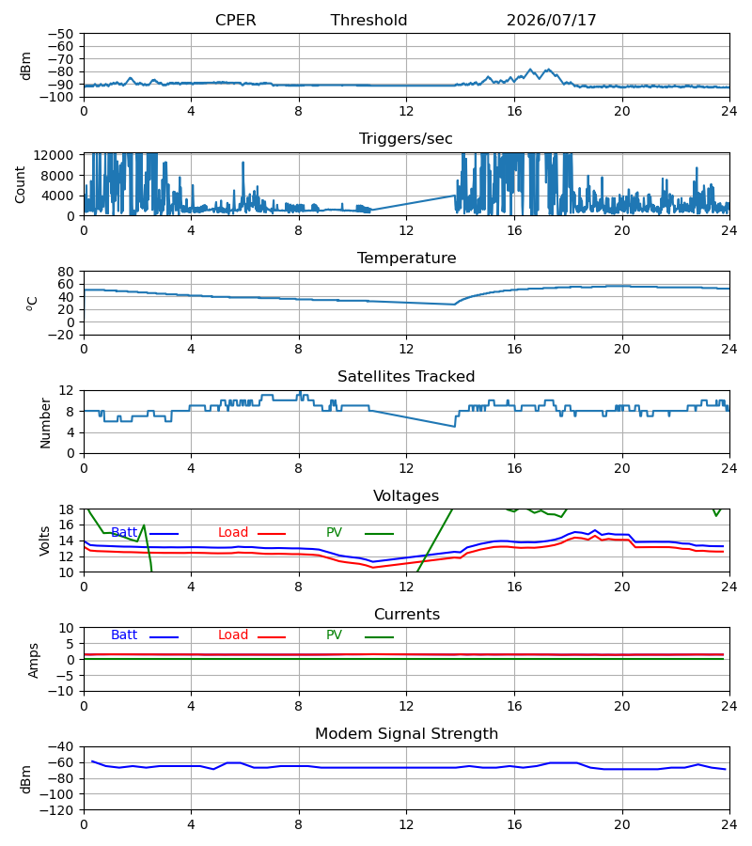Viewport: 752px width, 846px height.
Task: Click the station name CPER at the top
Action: tap(235, 20)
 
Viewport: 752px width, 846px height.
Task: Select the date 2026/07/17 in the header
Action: tap(551, 20)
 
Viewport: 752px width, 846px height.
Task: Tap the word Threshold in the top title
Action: tap(368, 20)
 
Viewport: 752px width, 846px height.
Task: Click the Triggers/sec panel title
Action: tap(406, 139)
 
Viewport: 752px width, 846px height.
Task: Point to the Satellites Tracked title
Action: tap(406, 377)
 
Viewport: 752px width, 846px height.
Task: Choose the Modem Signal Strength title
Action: tap(406, 734)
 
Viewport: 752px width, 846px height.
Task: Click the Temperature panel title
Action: tap(406, 258)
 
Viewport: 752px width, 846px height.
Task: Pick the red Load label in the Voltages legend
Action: tap(233, 533)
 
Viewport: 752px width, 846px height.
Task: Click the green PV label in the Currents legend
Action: tap(334, 635)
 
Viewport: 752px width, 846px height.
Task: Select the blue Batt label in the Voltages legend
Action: tap(124, 533)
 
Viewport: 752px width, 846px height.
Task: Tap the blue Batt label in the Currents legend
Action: tap(124, 635)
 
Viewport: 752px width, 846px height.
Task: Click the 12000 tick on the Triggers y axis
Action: tap(53, 155)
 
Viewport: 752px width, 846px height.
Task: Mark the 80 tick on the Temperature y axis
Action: tap(66, 272)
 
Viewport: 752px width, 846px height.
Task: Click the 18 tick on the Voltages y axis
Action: tap(66, 509)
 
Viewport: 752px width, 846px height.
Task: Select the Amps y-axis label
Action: tap(34, 661)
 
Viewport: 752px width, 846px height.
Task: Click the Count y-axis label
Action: tap(20, 184)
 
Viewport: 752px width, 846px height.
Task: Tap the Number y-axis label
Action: tap(45, 423)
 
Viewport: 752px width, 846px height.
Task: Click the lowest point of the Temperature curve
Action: tap(454, 305)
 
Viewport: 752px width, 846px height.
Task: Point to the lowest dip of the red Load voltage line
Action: tap(372, 568)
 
